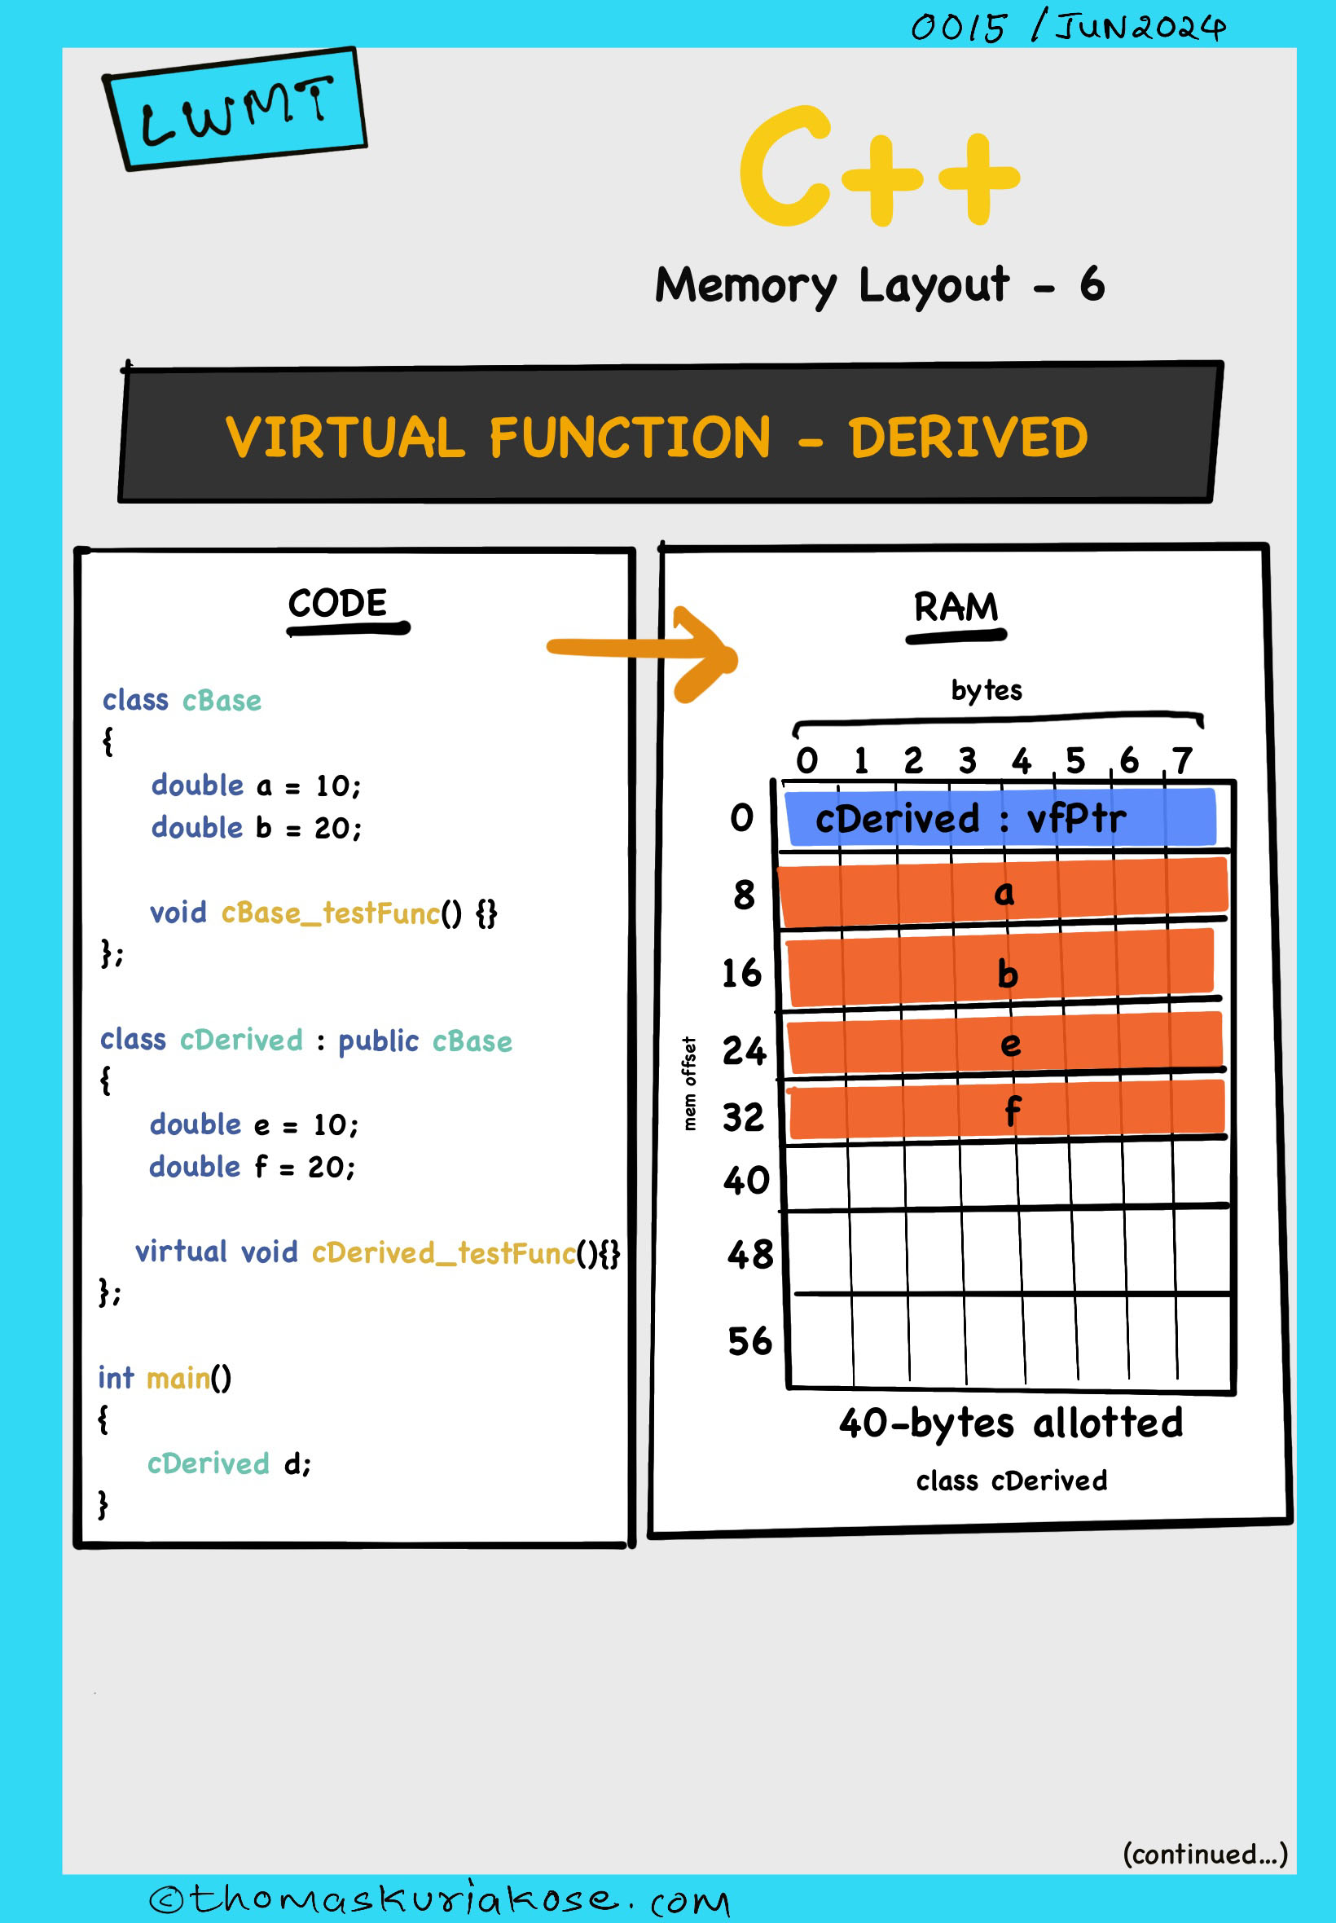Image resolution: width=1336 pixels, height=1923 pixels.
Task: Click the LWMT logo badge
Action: (x=235, y=110)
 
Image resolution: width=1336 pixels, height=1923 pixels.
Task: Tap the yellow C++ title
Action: (x=878, y=167)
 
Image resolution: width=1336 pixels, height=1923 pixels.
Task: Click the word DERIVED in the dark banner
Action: (x=968, y=438)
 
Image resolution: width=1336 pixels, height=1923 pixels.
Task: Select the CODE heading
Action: (x=338, y=604)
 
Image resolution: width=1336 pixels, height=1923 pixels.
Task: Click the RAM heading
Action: (x=955, y=607)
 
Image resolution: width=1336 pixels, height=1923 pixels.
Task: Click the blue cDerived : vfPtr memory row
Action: (x=1000, y=818)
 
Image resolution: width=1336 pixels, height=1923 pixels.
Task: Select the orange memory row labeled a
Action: (x=1003, y=892)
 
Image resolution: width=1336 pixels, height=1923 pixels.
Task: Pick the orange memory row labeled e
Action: (x=1004, y=1043)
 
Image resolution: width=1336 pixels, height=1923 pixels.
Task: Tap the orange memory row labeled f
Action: (x=1007, y=1110)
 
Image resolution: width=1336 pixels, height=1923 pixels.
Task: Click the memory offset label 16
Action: (x=741, y=973)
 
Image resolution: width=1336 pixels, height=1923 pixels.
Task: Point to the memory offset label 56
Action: (x=749, y=1341)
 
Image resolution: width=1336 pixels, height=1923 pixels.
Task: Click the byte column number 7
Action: (x=1181, y=761)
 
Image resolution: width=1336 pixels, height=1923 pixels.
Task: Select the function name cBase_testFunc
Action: (x=330, y=913)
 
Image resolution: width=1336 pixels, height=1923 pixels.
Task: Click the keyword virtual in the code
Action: (x=181, y=1252)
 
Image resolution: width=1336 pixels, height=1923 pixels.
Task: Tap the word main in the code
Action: (x=178, y=1378)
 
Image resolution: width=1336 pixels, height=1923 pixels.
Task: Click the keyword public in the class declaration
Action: (x=378, y=1041)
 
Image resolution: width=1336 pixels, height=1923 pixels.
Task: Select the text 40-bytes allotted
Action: (x=1010, y=1424)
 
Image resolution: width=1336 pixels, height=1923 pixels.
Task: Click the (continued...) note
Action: (x=1205, y=1855)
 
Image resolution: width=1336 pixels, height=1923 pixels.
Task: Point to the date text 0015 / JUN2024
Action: (x=1068, y=27)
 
